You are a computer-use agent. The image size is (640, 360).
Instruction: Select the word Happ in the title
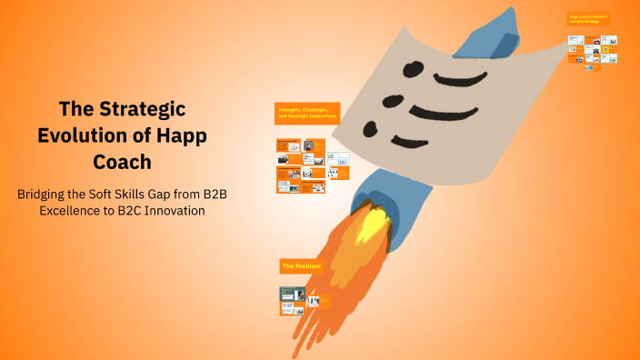coord(180,135)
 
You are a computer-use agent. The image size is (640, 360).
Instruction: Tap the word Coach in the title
coord(122,161)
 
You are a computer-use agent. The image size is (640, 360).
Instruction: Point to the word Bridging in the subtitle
coord(45,194)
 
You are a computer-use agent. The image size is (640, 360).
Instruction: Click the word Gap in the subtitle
coord(168,194)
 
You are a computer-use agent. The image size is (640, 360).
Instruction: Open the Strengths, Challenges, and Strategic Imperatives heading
coord(307,114)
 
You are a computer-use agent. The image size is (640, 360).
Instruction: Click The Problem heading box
coord(301,266)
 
